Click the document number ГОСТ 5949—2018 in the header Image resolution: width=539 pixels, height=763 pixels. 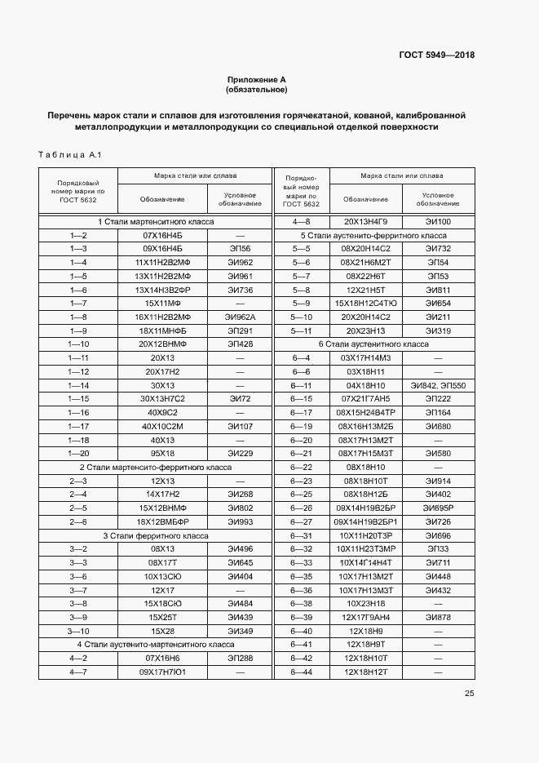(x=436, y=55)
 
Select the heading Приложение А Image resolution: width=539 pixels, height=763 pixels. (x=257, y=79)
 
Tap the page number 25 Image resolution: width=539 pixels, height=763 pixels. (x=469, y=694)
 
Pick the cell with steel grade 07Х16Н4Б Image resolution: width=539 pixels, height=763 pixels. (x=162, y=235)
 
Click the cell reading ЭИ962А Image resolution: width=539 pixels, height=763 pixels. (x=240, y=317)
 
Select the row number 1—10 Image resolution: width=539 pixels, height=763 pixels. (x=78, y=344)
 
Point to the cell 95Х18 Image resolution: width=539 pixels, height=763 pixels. (x=162, y=454)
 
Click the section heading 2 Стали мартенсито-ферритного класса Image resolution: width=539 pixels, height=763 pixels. (x=155, y=468)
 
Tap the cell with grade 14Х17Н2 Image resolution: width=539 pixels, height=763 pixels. (x=162, y=495)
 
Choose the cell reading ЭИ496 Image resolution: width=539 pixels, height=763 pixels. (x=240, y=549)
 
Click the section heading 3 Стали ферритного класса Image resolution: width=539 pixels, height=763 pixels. (x=155, y=535)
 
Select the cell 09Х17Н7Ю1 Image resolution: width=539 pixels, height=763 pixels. (x=162, y=672)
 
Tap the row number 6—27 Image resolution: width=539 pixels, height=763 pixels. (x=302, y=521)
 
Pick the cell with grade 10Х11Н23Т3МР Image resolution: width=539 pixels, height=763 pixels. (x=365, y=549)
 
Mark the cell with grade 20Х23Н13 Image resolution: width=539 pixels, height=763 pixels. (x=365, y=330)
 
